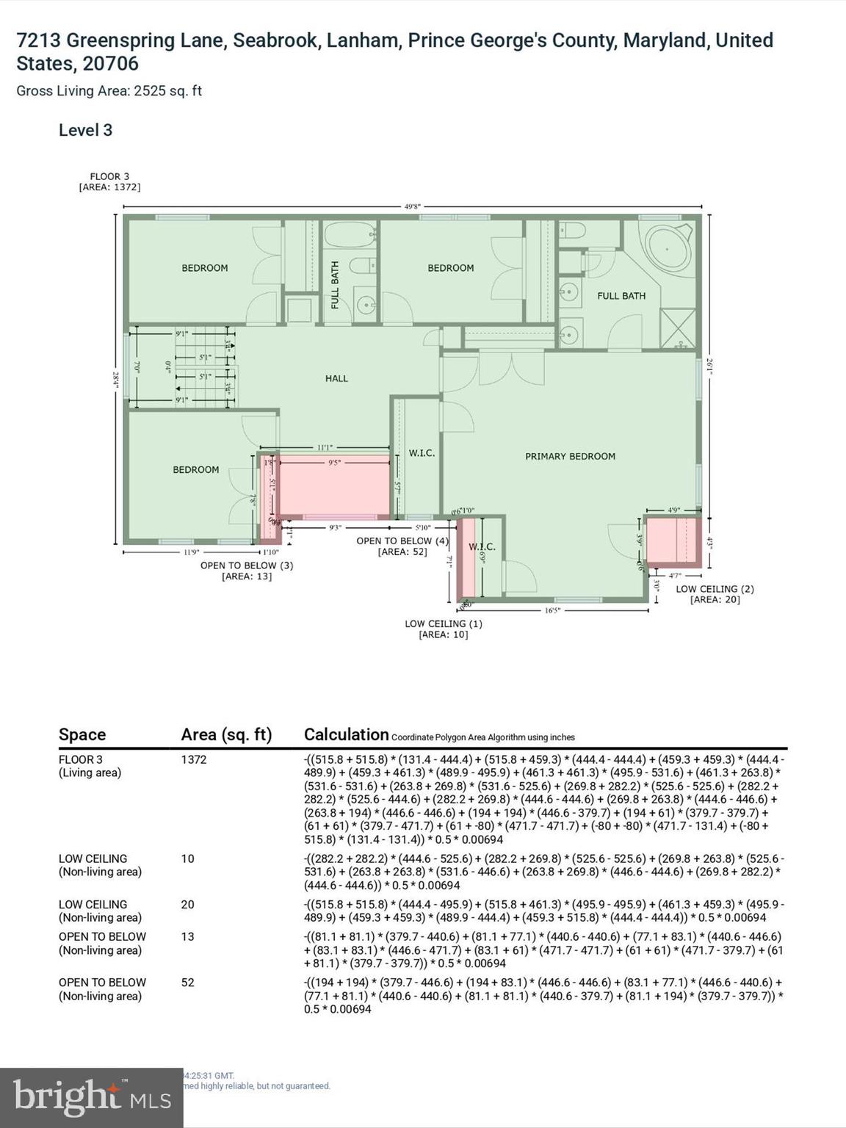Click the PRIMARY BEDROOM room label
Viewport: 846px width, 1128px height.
click(570, 456)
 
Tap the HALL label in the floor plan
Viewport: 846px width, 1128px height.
click(336, 378)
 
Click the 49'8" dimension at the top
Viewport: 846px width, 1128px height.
click(413, 206)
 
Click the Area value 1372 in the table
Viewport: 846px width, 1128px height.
click(194, 759)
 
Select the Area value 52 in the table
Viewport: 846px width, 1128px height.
click(188, 983)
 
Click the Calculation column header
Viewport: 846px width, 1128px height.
click(346, 734)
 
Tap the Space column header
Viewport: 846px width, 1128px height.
click(82, 734)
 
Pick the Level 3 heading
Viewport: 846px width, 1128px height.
click(85, 130)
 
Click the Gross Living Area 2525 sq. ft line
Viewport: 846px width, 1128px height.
click(109, 91)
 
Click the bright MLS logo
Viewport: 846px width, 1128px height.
click(92, 1097)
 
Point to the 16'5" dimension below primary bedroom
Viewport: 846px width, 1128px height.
click(552, 610)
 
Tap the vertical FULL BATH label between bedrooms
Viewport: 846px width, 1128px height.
click(335, 284)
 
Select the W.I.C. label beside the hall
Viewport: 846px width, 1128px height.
click(422, 453)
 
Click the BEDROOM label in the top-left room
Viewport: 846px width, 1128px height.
click(205, 268)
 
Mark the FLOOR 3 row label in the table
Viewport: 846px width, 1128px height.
click(81, 759)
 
